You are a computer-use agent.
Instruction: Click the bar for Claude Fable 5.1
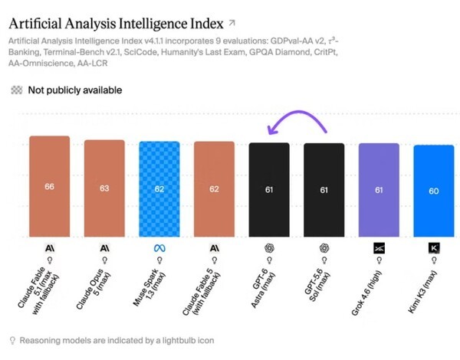click(x=50, y=186)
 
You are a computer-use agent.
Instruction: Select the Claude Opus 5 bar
click(x=104, y=188)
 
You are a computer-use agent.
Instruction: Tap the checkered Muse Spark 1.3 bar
click(x=159, y=189)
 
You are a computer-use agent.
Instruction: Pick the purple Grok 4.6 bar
click(x=379, y=190)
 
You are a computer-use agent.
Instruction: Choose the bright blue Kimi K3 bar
click(x=434, y=191)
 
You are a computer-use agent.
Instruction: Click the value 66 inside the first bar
click(x=49, y=186)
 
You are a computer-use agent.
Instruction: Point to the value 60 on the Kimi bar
click(x=434, y=191)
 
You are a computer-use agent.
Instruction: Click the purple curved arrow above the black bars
click(x=298, y=112)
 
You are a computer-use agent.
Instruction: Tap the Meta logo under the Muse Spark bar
click(x=159, y=248)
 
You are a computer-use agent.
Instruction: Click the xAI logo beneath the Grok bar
click(x=379, y=248)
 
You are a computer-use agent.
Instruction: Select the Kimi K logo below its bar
click(x=434, y=248)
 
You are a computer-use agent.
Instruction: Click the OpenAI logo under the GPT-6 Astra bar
click(x=269, y=248)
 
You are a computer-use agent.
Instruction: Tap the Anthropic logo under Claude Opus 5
click(x=104, y=248)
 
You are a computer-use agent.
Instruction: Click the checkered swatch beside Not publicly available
click(x=17, y=90)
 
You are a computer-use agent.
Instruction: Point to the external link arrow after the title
click(x=232, y=23)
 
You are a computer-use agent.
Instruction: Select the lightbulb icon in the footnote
click(x=12, y=340)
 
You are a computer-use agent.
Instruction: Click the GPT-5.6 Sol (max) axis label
click(x=317, y=285)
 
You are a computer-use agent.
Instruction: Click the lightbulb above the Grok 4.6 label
click(x=379, y=260)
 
